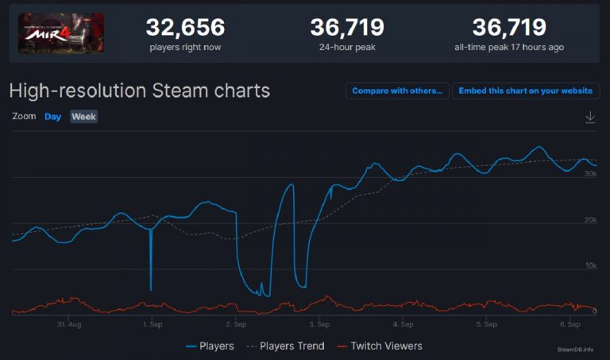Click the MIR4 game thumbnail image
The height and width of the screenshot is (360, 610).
click(61, 33)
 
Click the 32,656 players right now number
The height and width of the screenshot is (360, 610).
click(185, 28)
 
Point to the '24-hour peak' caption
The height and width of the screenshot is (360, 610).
click(346, 48)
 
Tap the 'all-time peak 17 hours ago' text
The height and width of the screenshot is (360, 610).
click(508, 48)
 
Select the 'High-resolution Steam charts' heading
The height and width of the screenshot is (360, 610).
click(139, 91)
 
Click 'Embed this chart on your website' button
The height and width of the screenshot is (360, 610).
click(525, 91)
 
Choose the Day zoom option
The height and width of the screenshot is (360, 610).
click(52, 117)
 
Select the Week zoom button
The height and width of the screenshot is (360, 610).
click(83, 117)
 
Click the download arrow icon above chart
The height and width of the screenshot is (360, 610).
click(589, 117)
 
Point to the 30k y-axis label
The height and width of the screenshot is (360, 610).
click(589, 173)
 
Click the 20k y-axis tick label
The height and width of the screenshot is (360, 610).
click(589, 219)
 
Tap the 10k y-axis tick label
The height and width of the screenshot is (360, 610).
click(589, 265)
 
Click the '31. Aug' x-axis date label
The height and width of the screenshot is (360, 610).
click(69, 324)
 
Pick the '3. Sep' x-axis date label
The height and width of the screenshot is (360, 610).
click(319, 324)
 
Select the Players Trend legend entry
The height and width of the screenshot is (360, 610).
click(286, 346)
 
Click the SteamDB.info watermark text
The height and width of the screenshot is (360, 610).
click(575, 349)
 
